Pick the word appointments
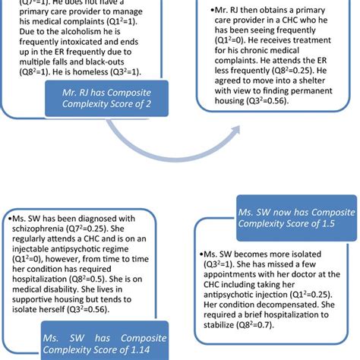pos(235,289)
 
